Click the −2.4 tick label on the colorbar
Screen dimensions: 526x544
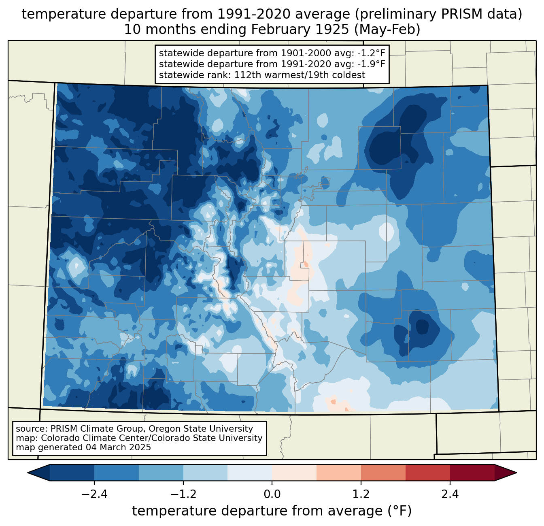[94, 494]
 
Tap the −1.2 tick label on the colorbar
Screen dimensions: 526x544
[183, 494]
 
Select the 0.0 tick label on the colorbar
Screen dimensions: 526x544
[272, 494]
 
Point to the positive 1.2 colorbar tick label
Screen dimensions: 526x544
[361, 494]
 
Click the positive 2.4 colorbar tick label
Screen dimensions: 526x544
[450, 494]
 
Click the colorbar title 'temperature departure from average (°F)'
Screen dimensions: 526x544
[272, 511]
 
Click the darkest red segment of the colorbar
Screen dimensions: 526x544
[472, 473]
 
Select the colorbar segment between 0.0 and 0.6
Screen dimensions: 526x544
[294, 473]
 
